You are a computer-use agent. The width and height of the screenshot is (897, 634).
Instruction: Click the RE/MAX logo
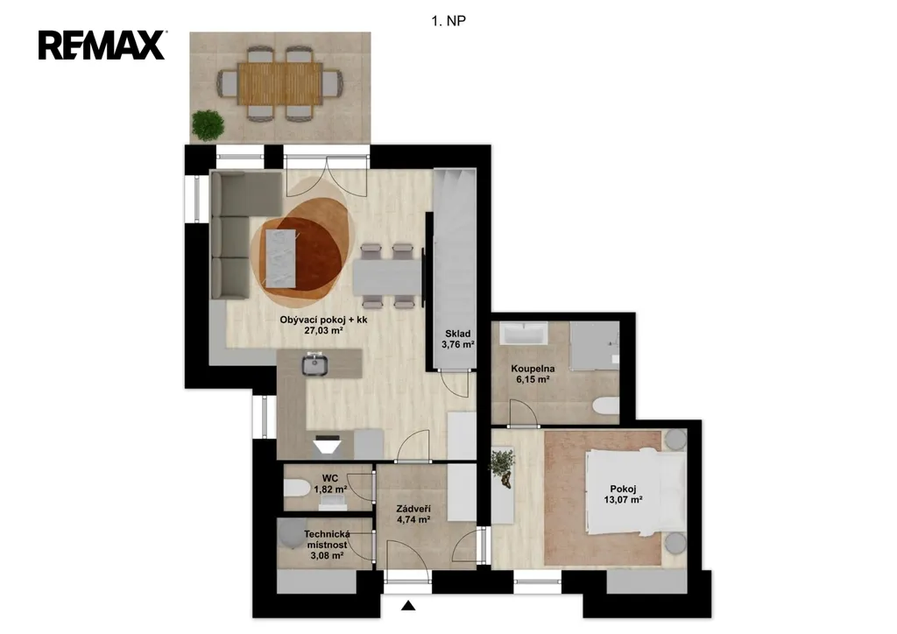pyautogui.click(x=102, y=46)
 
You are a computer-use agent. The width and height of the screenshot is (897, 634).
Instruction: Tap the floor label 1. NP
pyautogui.click(x=448, y=21)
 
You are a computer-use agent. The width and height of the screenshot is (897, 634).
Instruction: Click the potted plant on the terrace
pyautogui.click(x=208, y=125)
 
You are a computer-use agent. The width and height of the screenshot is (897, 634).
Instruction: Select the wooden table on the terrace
pyautogui.click(x=279, y=83)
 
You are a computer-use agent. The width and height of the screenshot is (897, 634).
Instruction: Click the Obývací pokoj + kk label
pyautogui.click(x=324, y=320)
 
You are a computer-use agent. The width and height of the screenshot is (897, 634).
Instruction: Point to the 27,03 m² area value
pyautogui.click(x=324, y=330)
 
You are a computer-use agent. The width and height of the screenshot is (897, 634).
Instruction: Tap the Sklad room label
pyautogui.click(x=457, y=334)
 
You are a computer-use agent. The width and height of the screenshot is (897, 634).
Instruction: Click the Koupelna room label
pyautogui.click(x=533, y=369)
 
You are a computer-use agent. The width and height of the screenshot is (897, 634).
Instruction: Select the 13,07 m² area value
pyautogui.click(x=623, y=500)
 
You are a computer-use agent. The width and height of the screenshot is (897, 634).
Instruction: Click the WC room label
pyautogui.click(x=330, y=478)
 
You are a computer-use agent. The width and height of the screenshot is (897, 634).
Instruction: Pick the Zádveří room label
pyautogui.click(x=413, y=509)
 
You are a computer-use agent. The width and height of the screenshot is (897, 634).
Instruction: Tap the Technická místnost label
pyautogui.click(x=327, y=539)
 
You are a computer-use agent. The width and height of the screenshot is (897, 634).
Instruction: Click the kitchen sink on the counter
pyautogui.click(x=314, y=364)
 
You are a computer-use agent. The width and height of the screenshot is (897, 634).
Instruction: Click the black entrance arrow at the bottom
pyautogui.click(x=408, y=605)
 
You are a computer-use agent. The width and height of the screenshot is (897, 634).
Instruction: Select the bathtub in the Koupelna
pyautogui.click(x=524, y=334)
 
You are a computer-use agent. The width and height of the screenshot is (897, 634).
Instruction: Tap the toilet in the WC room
pyautogui.click(x=296, y=488)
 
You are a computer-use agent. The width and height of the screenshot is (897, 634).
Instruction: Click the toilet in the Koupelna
pyautogui.click(x=606, y=406)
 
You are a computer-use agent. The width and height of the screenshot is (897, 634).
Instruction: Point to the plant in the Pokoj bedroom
pyautogui.click(x=502, y=467)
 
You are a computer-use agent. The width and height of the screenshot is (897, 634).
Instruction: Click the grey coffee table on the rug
pyautogui.click(x=281, y=258)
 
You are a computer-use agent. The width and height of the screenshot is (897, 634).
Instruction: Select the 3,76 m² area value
pyautogui.click(x=457, y=345)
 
